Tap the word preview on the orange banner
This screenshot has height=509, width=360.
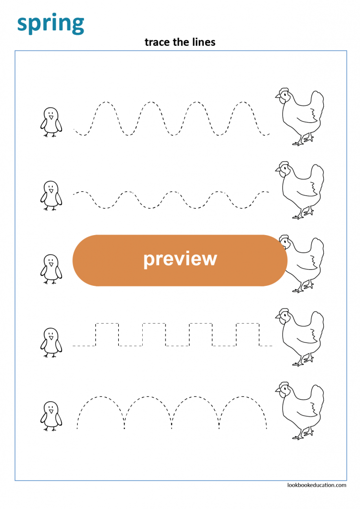(x=180, y=259)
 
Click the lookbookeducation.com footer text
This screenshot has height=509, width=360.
(x=317, y=485)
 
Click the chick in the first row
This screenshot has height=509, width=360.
(x=51, y=122)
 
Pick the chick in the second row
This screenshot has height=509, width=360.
(x=51, y=196)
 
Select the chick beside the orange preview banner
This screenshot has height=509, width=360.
(x=51, y=269)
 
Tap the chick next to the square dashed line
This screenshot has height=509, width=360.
(x=51, y=342)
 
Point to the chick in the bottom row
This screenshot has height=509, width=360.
(x=51, y=416)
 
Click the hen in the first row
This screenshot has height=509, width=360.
(x=299, y=117)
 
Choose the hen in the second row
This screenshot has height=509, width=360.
(x=299, y=190)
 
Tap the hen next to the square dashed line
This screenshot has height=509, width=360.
(x=299, y=337)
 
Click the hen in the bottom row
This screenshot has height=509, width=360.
(x=299, y=411)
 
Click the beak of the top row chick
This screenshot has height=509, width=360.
(x=51, y=118)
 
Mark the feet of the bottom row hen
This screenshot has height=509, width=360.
(x=301, y=436)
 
